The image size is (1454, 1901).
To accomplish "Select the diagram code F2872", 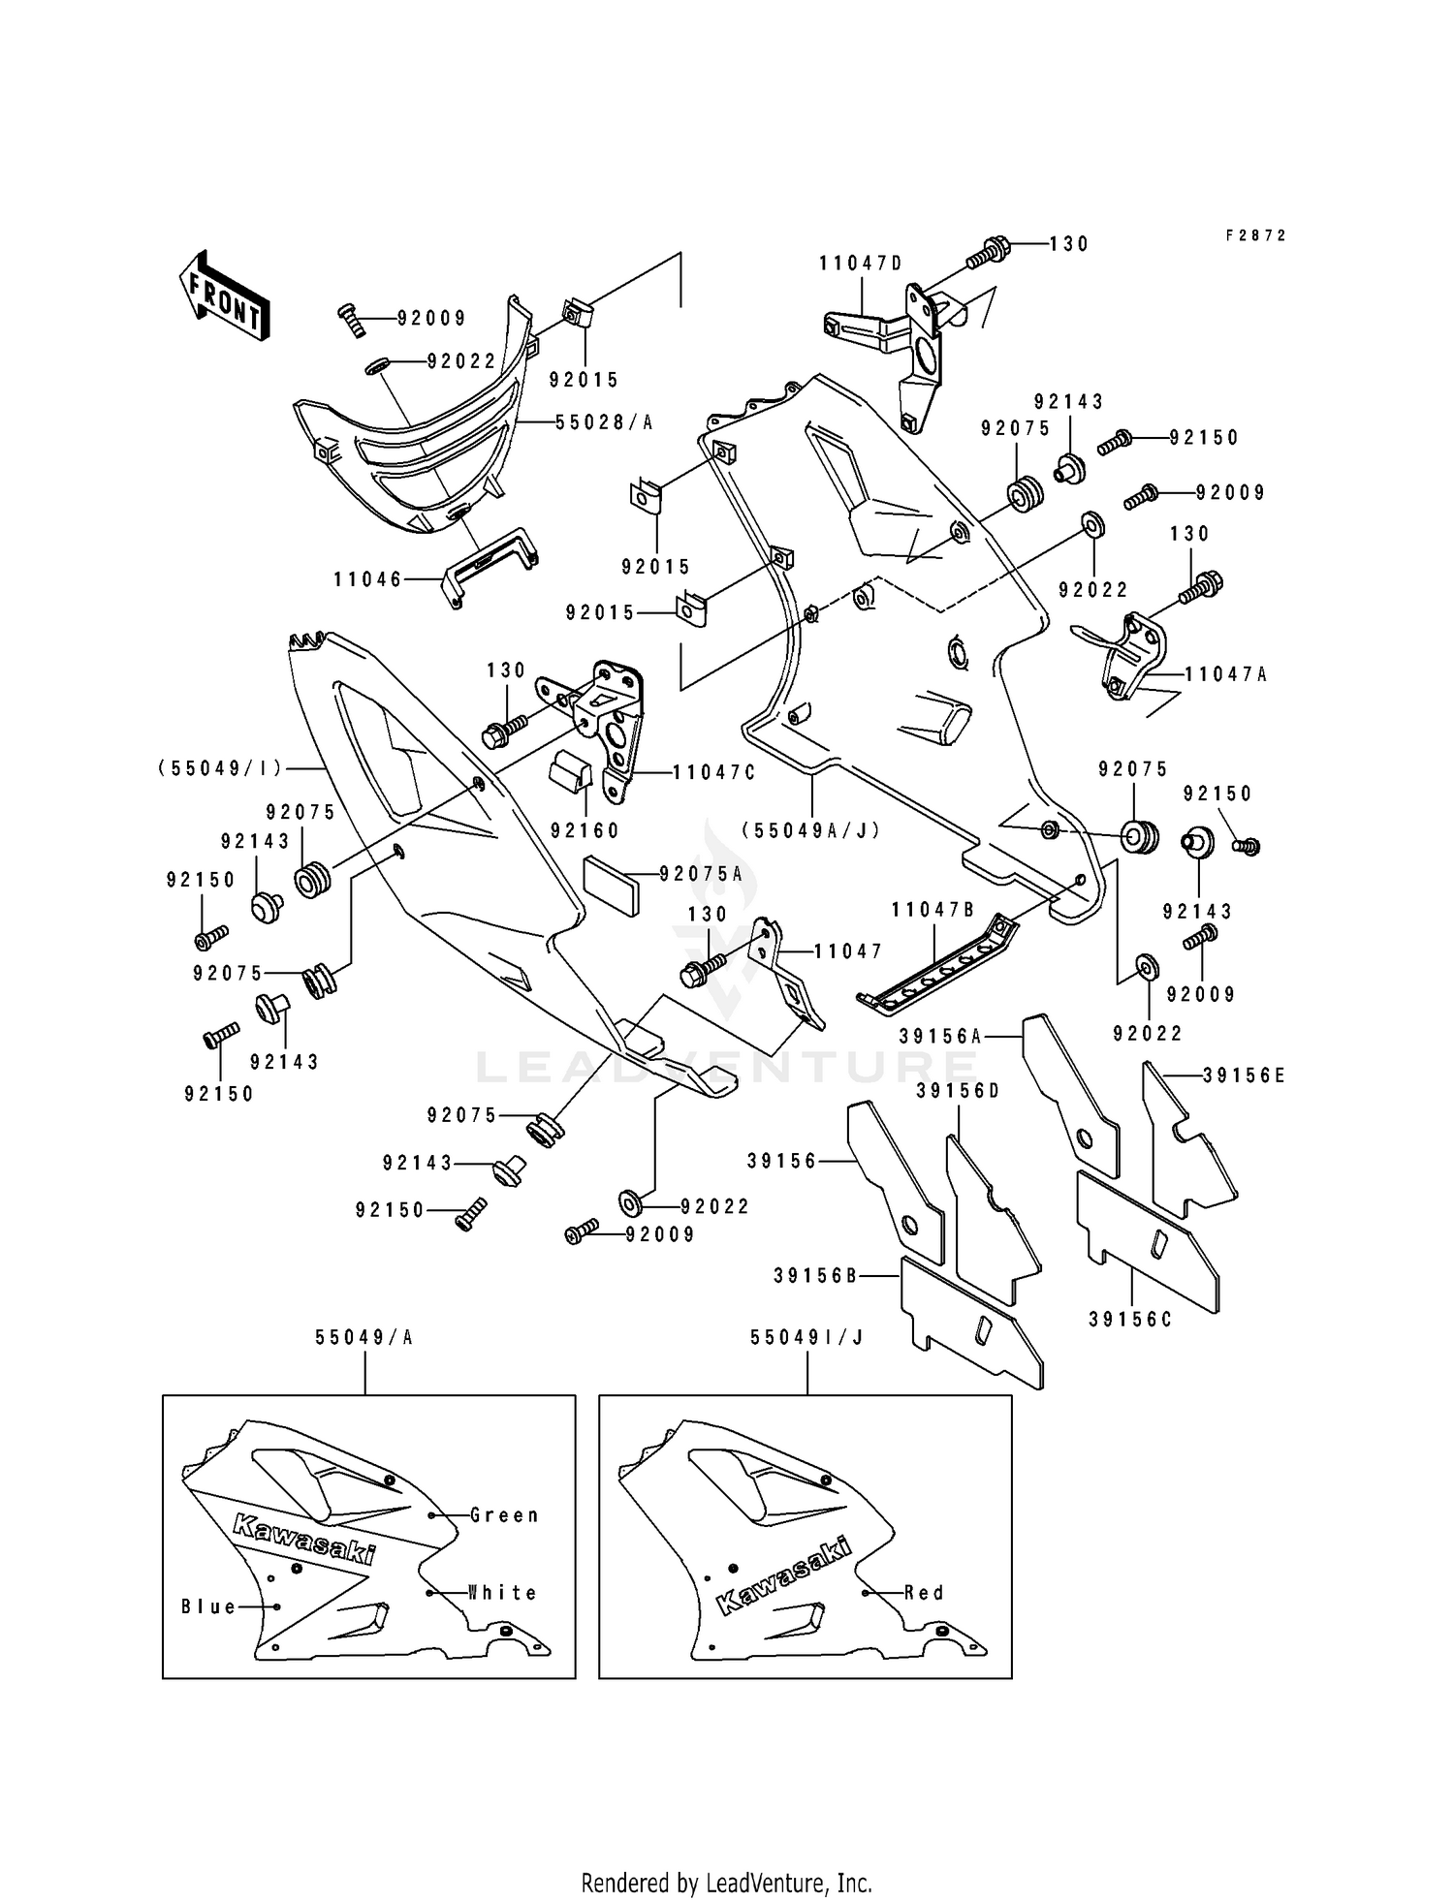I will [1254, 235].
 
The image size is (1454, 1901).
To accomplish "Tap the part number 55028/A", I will [604, 422].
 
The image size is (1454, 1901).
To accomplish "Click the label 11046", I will [367, 579].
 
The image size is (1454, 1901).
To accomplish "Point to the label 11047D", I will [861, 264].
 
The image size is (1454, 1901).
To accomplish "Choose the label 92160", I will [585, 830].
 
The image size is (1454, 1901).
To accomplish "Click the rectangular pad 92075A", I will [612, 884].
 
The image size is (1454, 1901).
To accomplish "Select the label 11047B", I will [933, 910].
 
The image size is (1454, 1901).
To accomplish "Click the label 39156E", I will [1244, 1075].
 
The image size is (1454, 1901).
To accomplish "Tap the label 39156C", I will [1130, 1319].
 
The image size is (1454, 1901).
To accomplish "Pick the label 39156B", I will [815, 1276].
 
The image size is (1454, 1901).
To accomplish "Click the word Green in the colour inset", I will [504, 1514].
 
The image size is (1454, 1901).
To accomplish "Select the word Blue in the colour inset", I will [209, 1606].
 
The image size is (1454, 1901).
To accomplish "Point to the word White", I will [502, 1592].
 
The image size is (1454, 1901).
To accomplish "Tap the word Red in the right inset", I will [924, 1592].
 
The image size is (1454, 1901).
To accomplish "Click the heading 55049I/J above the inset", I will [806, 1337].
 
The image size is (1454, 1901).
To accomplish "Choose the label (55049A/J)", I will [810, 830].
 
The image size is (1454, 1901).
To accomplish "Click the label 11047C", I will [713, 772].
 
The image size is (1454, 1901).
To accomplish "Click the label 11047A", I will [1225, 674].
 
